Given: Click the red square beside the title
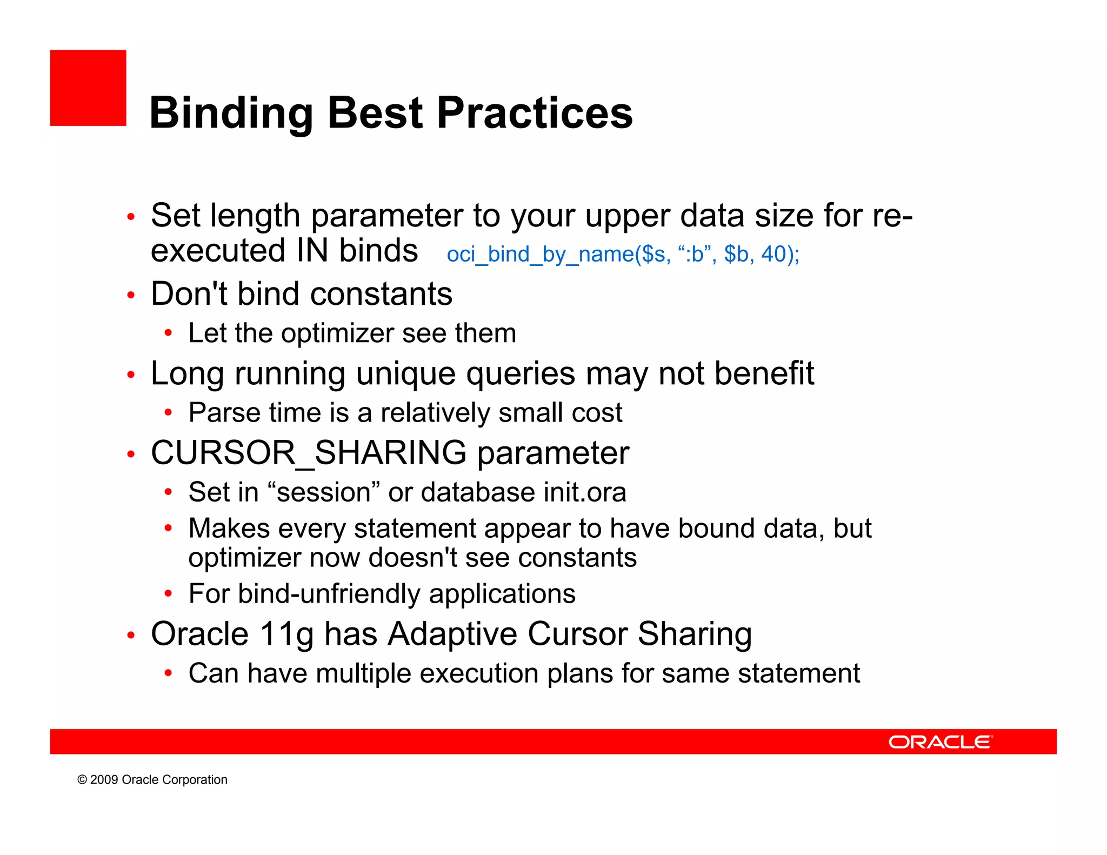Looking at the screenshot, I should coord(88,88).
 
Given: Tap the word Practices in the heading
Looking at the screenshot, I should coord(535,113).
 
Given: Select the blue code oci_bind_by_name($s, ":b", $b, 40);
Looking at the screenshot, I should coord(623,254).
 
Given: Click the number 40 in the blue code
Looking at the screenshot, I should coord(773,254).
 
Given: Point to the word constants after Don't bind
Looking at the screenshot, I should coord(381,295).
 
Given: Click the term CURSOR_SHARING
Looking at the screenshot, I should coord(308,453).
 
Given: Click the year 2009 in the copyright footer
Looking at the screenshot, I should coord(104,780).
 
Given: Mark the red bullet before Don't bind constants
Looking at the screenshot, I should coord(130,295).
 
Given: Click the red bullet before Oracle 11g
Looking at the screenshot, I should coord(130,635).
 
